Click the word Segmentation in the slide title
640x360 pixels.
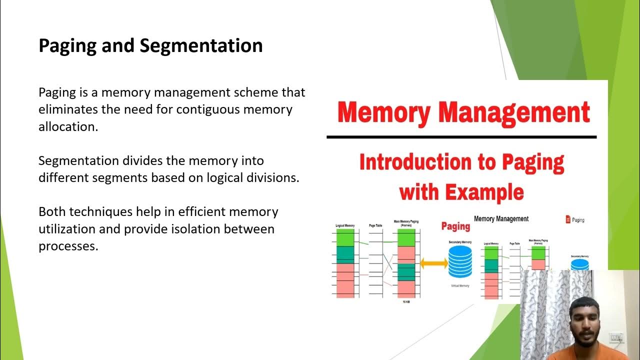[x=201, y=46]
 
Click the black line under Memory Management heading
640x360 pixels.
[x=461, y=136]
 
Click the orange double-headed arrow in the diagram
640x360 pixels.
[x=433, y=263]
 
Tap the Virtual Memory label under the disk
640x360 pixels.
[x=460, y=286]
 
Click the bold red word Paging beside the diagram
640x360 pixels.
[x=455, y=226]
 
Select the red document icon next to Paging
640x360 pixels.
[x=568, y=219]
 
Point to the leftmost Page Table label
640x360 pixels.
[x=375, y=226]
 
